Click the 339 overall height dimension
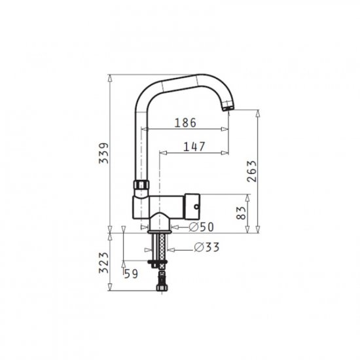coord(103,153)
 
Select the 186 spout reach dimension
coord(185,123)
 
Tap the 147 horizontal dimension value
coord(194,147)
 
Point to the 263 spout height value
coord(251,171)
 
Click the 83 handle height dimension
coord(241,213)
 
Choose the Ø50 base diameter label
coord(201,227)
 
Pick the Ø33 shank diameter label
coord(207,247)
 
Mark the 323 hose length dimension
coord(103,262)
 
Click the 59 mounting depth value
coord(131,274)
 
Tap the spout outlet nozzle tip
coord(227,109)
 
